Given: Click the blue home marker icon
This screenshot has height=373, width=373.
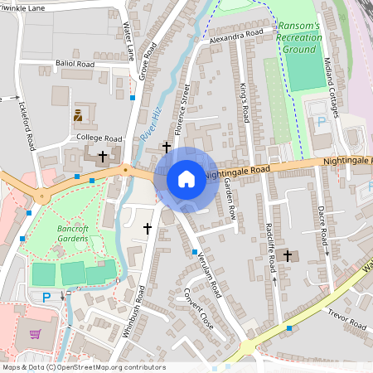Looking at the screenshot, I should (x=186, y=179).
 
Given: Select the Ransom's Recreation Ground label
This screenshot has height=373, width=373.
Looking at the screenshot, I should (x=299, y=37).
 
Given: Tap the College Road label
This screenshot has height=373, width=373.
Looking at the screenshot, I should (x=99, y=138).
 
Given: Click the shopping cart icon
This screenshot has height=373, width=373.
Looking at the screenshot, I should (x=36, y=334).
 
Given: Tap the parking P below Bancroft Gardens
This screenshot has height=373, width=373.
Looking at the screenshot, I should (x=46, y=297).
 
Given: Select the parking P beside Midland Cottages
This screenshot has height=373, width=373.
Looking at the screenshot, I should (x=322, y=122).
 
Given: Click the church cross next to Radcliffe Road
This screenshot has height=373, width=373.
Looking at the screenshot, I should (x=288, y=255).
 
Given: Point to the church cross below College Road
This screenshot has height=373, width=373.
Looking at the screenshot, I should (x=103, y=155).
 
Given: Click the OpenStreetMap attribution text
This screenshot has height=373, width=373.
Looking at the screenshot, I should (x=83, y=367).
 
